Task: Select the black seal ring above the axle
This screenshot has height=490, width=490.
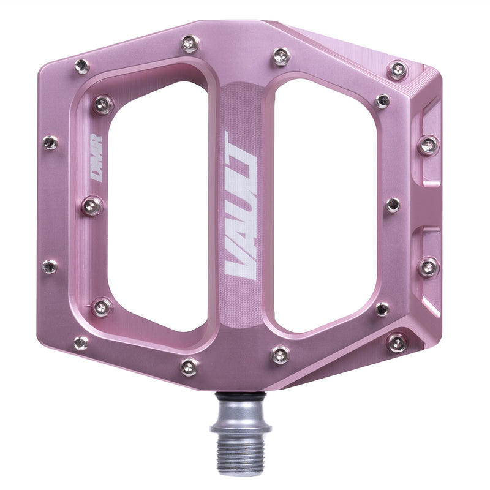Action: tap(241, 396)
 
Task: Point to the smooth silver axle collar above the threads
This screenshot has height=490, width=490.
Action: tap(241, 413)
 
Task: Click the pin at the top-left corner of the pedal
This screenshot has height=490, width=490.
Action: tap(81, 66)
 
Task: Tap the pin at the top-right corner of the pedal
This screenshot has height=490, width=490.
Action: tap(398, 70)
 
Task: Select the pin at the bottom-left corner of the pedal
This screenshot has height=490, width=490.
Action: tap(81, 343)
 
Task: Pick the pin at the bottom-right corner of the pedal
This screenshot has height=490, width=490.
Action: tap(397, 342)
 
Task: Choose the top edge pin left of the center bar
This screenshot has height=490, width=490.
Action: tap(189, 43)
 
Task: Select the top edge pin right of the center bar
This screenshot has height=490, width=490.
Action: tap(281, 56)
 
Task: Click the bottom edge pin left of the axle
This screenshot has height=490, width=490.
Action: tap(189, 366)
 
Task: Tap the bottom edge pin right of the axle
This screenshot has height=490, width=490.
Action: tap(281, 354)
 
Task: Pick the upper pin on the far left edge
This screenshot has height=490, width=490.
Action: tap(50, 143)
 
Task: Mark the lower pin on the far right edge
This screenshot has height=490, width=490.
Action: tap(428, 266)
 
